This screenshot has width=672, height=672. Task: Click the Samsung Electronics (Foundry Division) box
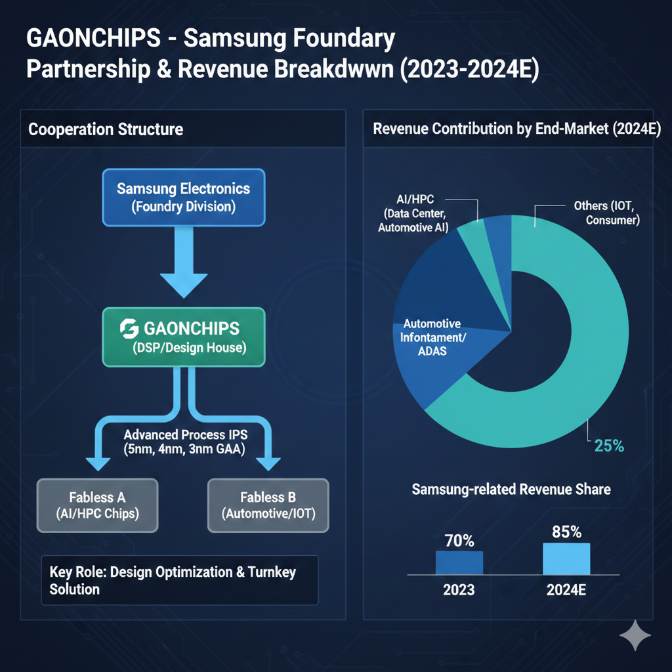point(183,197)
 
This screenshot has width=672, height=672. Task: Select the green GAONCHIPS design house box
point(183,337)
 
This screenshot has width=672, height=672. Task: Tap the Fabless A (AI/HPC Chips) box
point(98,505)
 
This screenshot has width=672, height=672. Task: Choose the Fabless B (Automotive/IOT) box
point(268,505)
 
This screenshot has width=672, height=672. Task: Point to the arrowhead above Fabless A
point(98,462)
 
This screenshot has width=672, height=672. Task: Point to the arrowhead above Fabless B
point(268,462)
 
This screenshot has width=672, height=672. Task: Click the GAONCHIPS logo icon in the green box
point(129,329)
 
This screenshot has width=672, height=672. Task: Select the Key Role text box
point(178,580)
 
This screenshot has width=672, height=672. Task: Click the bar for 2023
point(459,562)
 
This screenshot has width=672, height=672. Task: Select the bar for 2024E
point(566,558)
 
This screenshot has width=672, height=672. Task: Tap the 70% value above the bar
point(459,541)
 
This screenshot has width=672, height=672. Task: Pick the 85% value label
point(566,532)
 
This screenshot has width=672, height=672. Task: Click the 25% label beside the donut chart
point(608,446)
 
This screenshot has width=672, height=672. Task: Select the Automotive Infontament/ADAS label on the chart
point(432,337)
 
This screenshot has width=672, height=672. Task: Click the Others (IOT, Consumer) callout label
point(606,213)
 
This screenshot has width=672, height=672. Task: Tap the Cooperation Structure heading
point(106,129)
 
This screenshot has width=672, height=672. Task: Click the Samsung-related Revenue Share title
point(511,489)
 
